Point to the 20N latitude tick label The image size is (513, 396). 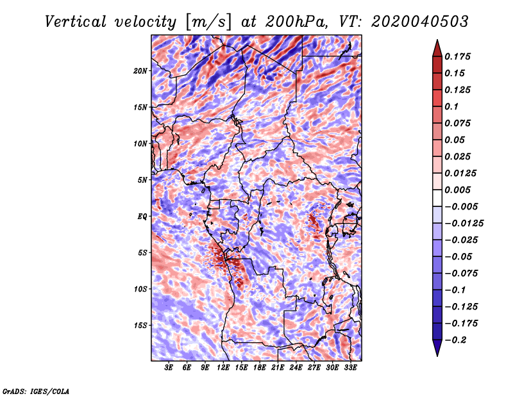[140, 70]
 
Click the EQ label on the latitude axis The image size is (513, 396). [142, 216]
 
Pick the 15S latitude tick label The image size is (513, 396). [140, 325]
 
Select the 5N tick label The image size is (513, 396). [142, 180]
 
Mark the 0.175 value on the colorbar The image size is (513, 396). [459, 56]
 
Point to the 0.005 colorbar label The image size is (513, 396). [459, 190]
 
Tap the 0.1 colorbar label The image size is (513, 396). [453, 106]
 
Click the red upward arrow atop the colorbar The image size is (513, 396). [436, 46]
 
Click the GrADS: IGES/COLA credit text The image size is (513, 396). [36, 390]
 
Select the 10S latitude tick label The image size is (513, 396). [140, 288]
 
